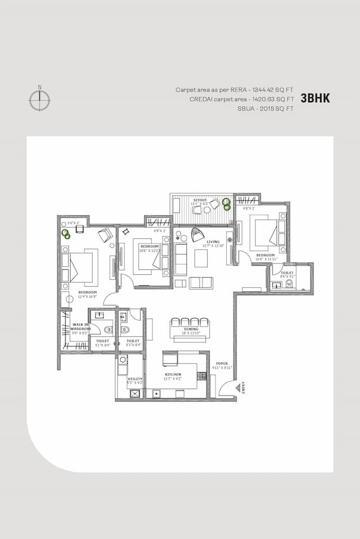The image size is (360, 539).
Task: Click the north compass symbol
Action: click(x=39, y=100)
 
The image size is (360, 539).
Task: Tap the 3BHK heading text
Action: click(x=315, y=98)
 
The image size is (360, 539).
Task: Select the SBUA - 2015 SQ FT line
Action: click(x=258, y=108)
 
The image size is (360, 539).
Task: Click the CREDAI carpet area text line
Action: click(x=242, y=99)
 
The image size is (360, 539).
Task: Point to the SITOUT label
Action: click(x=200, y=200)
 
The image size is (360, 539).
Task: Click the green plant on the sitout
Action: click(x=227, y=203)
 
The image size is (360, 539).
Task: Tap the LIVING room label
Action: click(x=213, y=241)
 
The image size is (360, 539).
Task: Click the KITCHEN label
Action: click(x=172, y=374)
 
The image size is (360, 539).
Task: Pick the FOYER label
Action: click(x=222, y=364)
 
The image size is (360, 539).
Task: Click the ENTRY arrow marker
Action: click(x=243, y=388)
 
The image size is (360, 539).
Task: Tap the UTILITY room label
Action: click(x=135, y=379)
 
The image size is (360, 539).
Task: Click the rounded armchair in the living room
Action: click(x=197, y=234)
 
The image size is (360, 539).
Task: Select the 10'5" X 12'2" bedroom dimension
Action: click(x=150, y=251)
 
